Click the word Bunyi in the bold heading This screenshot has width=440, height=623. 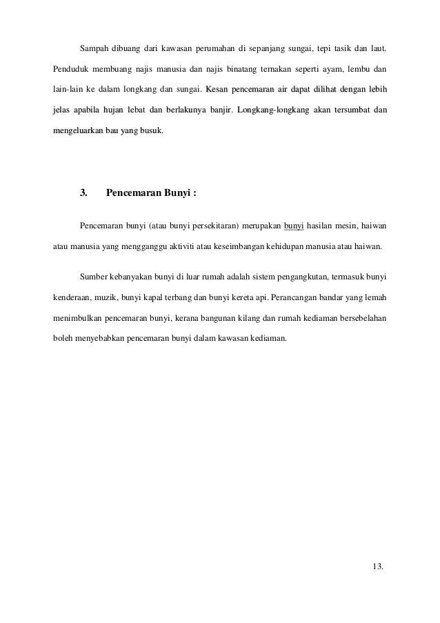pos(177,192)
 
